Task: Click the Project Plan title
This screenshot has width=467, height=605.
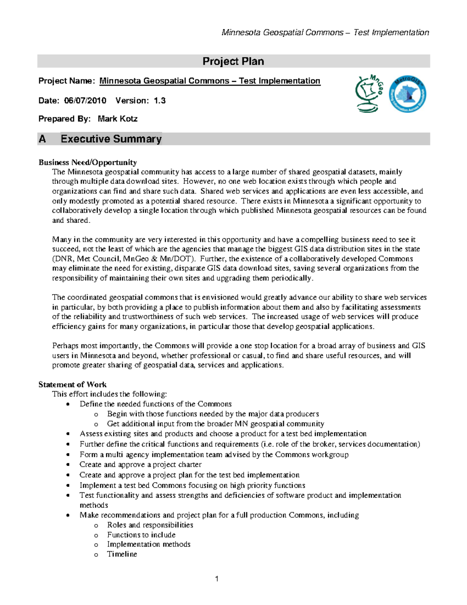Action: click(x=233, y=61)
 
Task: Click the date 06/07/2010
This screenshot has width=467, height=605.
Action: click(x=85, y=101)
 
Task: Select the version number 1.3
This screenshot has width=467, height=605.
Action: click(x=160, y=101)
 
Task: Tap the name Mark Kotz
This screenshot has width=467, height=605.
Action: click(x=118, y=119)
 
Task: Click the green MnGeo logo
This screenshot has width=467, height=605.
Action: click(x=369, y=94)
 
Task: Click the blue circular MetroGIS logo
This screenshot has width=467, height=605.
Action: click(x=407, y=94)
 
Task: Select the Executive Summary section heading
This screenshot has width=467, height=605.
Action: click(x=111, y=139)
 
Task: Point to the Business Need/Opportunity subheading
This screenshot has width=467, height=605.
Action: click(x=88, y=162)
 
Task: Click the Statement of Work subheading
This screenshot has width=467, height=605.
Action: click(x=72, y=385)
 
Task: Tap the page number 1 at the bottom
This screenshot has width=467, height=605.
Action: click(x=217, y=579)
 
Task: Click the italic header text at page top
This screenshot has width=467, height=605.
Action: click(x=325, y=32)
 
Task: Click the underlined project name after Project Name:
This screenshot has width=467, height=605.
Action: click(x=210, y=81)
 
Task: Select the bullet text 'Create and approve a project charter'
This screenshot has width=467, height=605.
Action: click(x=140, y=464)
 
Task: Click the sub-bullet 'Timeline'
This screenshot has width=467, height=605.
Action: click(x=122, y=554)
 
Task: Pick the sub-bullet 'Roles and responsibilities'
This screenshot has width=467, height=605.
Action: click(x=150, y=525)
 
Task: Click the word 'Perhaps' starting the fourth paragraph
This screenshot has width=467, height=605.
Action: click(x=64, y=346)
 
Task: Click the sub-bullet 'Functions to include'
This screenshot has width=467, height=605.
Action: click(x=141, y=534)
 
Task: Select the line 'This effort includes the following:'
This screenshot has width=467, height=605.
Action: click(x=109, y=394)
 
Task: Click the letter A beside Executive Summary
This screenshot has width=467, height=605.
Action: click(x=42, y=139)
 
